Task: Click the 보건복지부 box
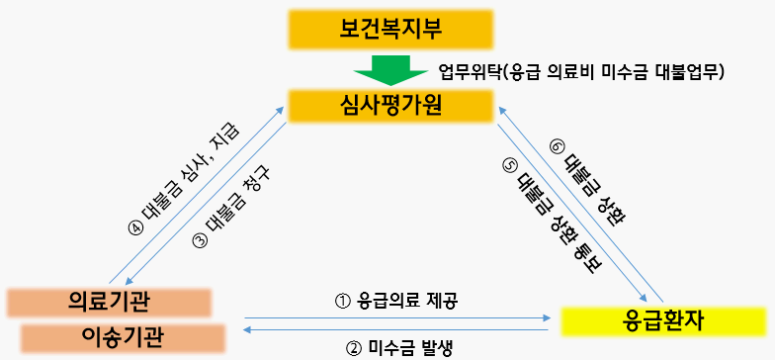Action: tap(388, 29)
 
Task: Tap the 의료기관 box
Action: tap(109, 301)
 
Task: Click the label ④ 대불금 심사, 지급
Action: tap(184, 179)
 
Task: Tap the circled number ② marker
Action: tap(353, 346)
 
